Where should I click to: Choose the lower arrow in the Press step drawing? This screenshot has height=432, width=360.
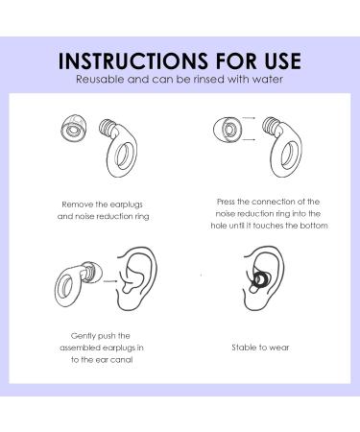[248, 141]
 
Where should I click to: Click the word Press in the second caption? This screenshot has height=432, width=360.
[228, 202]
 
